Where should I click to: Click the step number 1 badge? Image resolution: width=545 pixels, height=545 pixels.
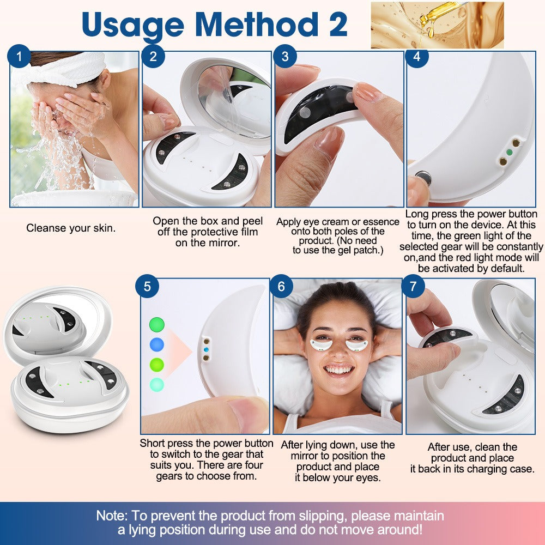[x=20, y=56]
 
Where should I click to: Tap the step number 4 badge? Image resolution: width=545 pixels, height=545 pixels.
[x=417, y=56]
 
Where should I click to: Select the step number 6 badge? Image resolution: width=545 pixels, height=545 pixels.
[x=282, y=287]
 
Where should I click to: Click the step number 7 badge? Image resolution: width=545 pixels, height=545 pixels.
[x=414, y=287]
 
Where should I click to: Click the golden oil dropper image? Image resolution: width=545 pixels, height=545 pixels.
[x=437, y=25]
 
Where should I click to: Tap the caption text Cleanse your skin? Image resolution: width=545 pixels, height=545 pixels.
[x=71, y=228]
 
